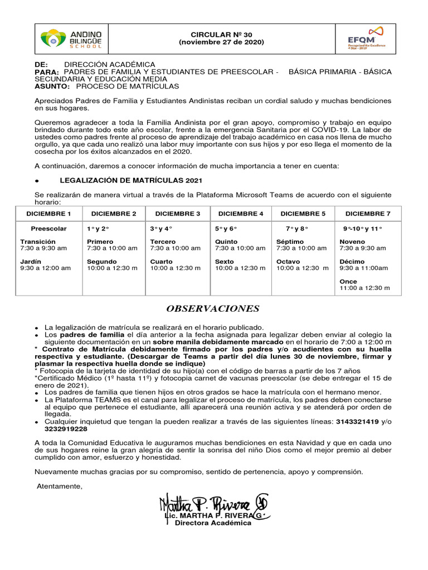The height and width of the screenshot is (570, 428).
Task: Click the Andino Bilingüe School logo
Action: pos(70,39)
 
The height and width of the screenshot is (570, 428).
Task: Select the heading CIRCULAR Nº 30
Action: pos(221,35)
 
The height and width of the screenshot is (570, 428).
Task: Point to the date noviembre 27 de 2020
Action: pos(221,42)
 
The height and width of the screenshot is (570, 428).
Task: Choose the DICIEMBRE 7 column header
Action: pos(368,214)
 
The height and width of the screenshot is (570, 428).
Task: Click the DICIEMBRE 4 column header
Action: pos(241,214)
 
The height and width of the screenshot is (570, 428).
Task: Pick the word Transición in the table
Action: pos(38,242)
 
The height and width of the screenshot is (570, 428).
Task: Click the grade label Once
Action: pos(348,281)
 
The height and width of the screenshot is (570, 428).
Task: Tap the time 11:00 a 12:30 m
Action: pos(364,288)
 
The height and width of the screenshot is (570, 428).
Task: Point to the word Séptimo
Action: pos(290,242)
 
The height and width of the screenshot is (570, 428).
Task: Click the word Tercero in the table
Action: pos(163,242)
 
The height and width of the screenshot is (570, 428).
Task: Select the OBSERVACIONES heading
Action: pos(212,309)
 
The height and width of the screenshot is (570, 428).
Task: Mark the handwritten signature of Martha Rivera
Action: pos(215,505)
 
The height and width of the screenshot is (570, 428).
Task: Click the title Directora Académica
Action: pos(213,524)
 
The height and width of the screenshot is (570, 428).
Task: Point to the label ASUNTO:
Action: pos(52,87)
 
